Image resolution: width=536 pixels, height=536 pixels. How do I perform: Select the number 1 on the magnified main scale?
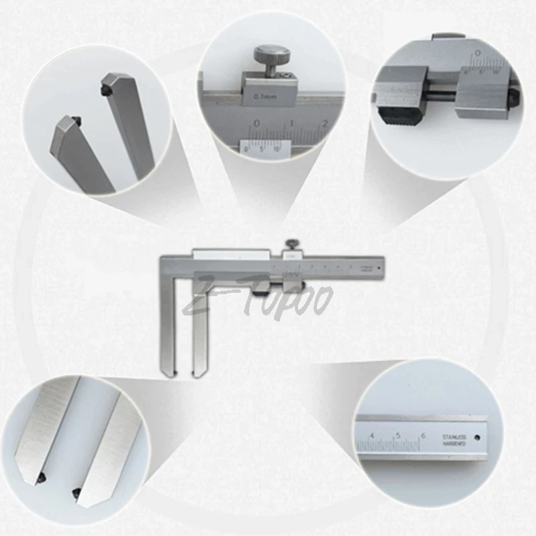pyautogui.click(x=291, y=124)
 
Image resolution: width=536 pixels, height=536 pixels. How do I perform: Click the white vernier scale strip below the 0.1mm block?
pyautogui.click(x=265, y=146)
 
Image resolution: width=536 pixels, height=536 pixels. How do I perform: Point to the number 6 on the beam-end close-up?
pyautogui.click(x=423, y=436)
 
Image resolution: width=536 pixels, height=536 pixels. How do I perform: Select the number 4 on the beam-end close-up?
pyautogui.click(x=373, y=436)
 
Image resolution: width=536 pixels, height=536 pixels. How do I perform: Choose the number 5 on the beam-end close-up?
pyautogui.click(x=398, y=436)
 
